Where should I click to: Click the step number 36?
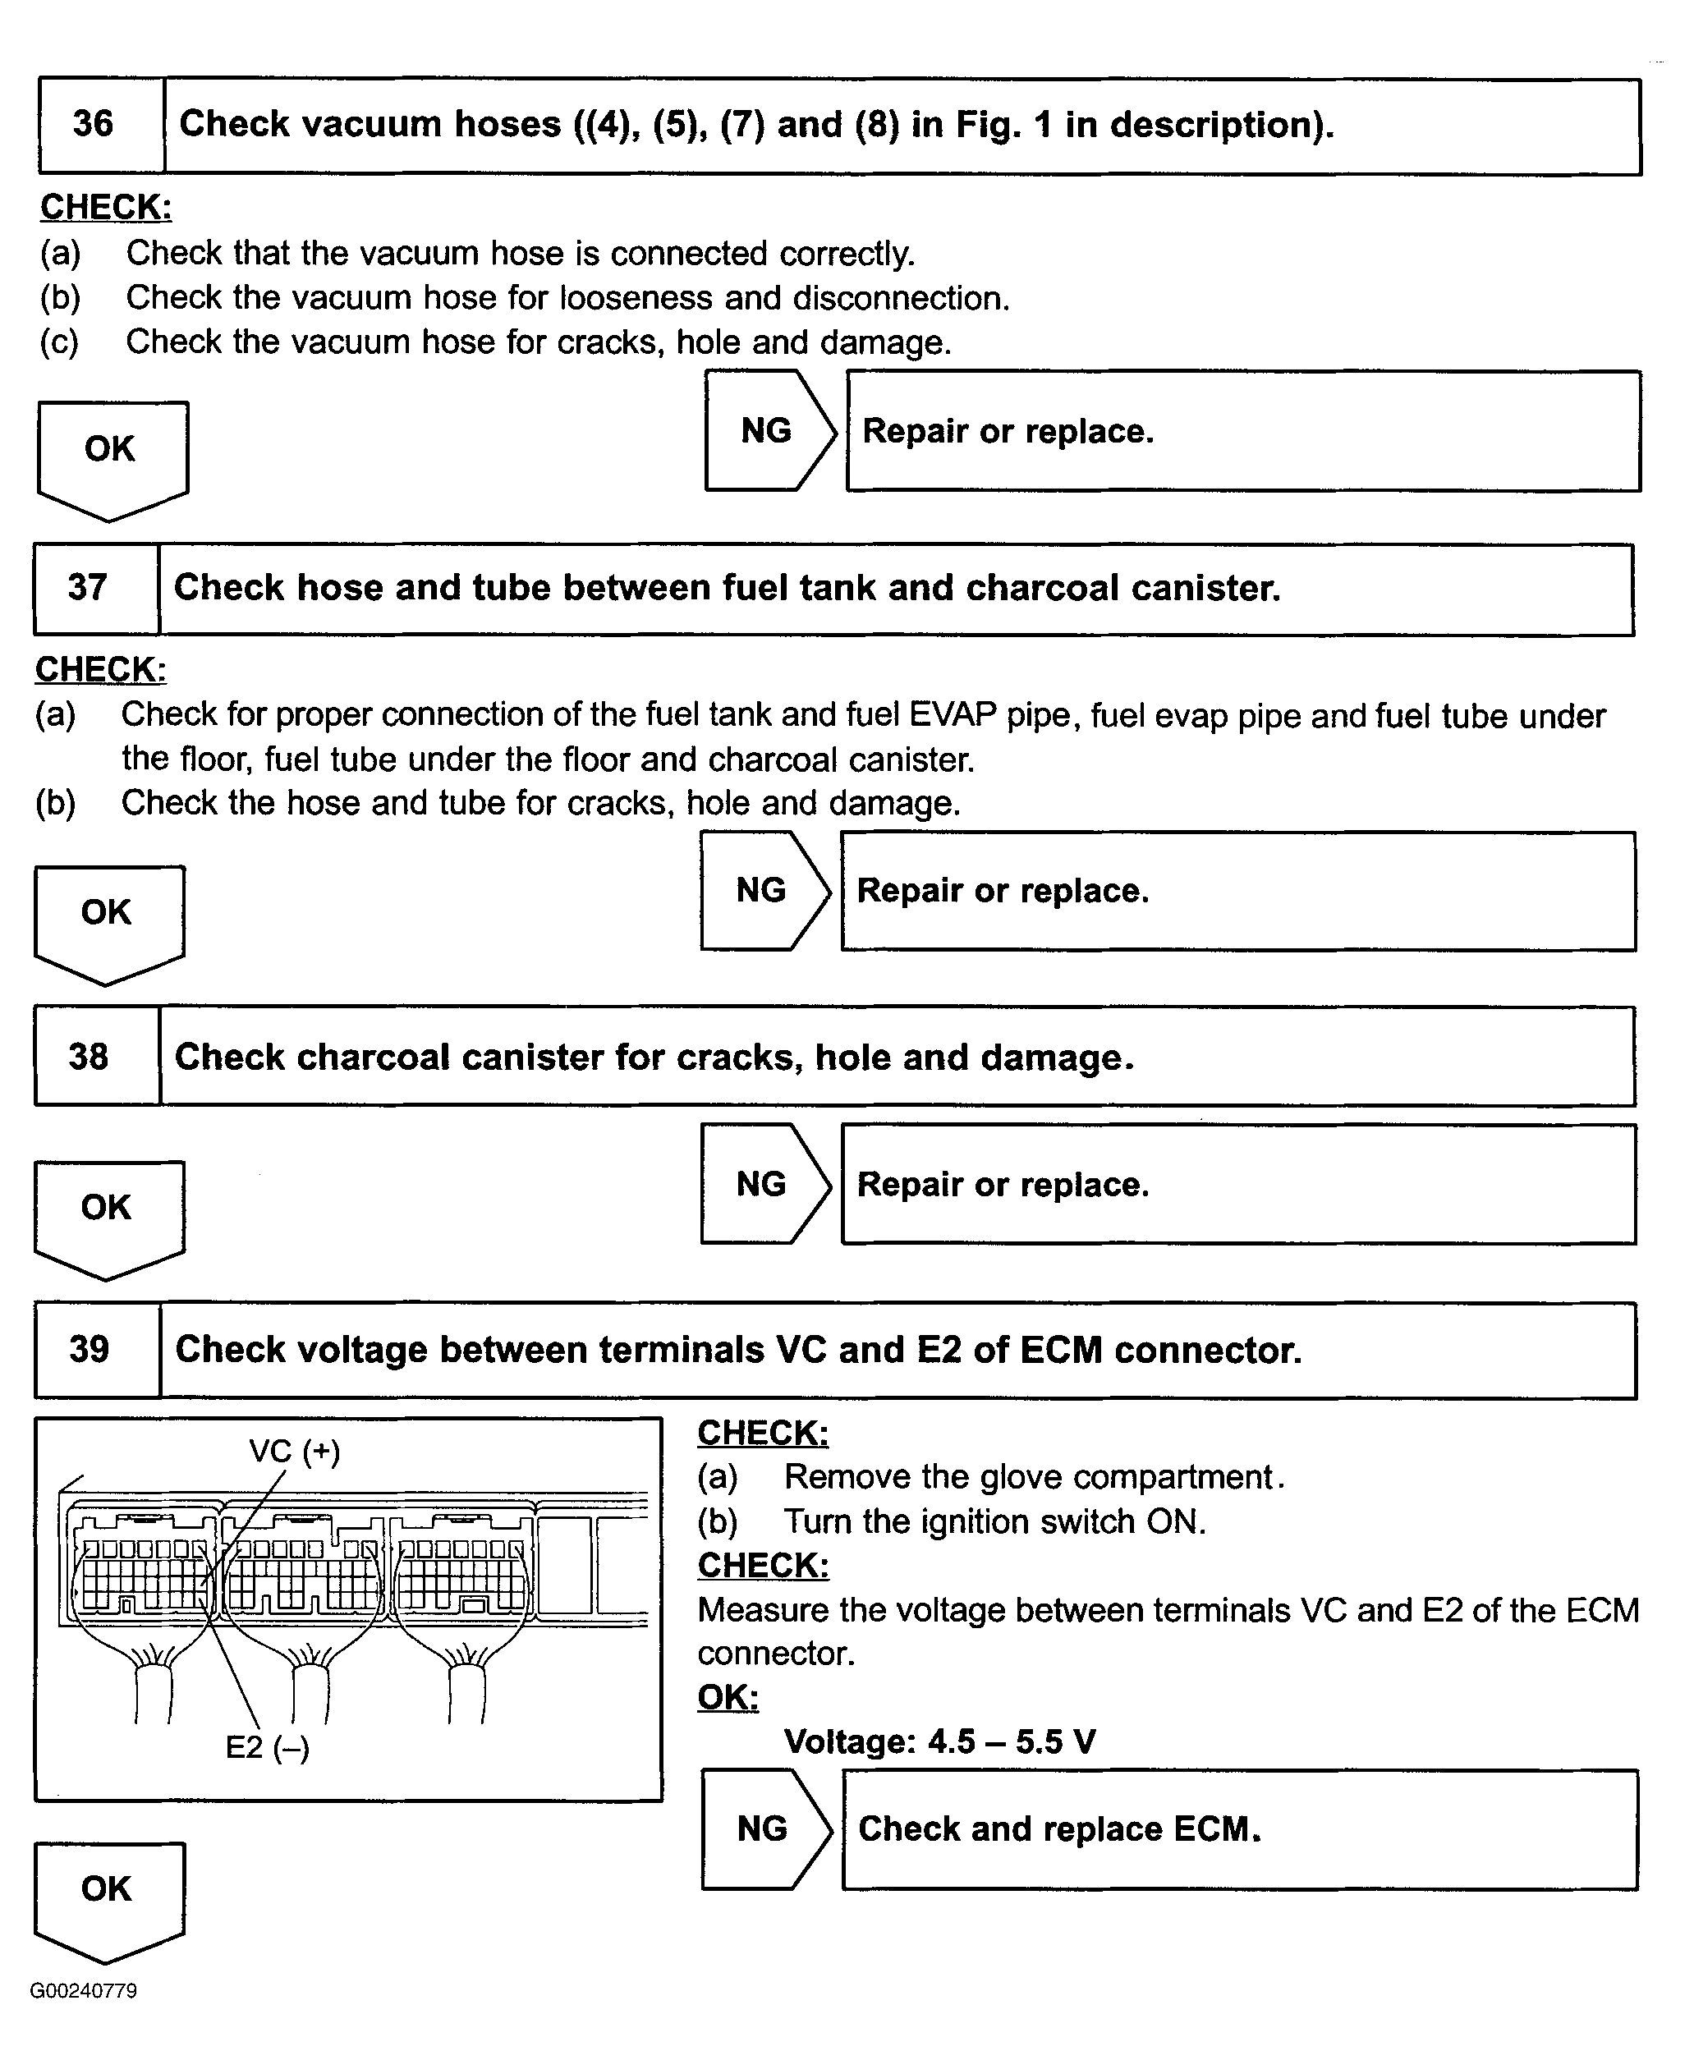point(93,124)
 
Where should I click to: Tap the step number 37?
point(87,587)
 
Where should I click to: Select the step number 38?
point(88,1057)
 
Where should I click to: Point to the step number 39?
point(89,1350)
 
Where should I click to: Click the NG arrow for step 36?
point(768,430)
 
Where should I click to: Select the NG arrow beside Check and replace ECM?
point(764,1828)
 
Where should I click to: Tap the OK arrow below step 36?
point(110,454)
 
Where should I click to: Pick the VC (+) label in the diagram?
point(295,1451)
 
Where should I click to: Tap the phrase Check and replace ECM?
point(1058,1828)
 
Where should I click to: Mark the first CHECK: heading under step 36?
point(105,207)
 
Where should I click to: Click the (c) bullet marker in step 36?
point(59,342)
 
